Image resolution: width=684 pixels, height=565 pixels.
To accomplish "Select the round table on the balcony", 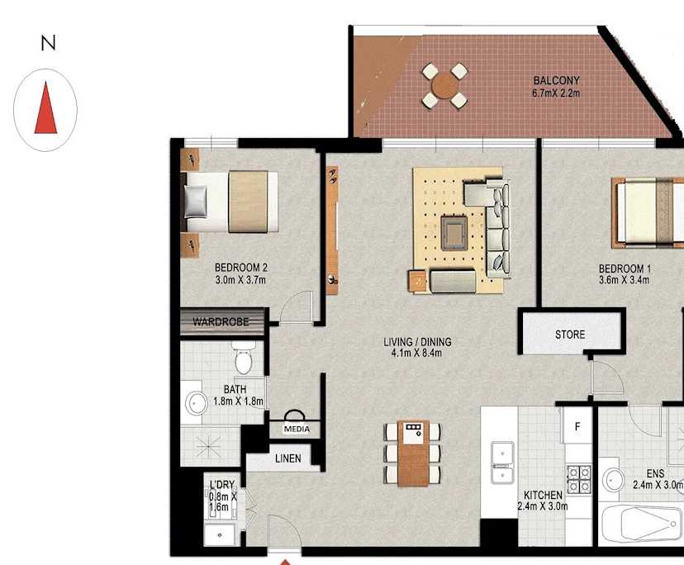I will (x=445, y=85).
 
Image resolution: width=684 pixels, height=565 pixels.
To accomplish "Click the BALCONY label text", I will (x=556, y=81).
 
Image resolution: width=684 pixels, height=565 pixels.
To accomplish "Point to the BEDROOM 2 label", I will (x=240, y=268).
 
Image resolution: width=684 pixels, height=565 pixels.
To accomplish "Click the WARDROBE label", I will (x=221, y=321).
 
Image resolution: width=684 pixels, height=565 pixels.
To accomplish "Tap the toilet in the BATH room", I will (x=244, y=361).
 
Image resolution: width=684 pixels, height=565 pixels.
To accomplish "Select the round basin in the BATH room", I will (x=197, y=403).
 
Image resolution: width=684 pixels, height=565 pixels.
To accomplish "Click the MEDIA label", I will (x=296, y=430).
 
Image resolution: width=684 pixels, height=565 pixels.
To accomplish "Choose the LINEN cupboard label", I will (x=287, y=458).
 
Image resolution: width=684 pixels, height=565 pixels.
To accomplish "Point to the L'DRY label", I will (x=221, y=484).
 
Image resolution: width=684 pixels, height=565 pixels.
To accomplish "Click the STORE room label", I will (x=570, y=335).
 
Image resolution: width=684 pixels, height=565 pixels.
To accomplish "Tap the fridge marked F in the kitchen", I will (x=577, y=427).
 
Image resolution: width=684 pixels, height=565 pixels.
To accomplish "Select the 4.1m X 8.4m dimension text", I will (x=417, y=354).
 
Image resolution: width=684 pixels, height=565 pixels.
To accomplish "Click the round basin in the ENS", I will (x=614, y=479).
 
